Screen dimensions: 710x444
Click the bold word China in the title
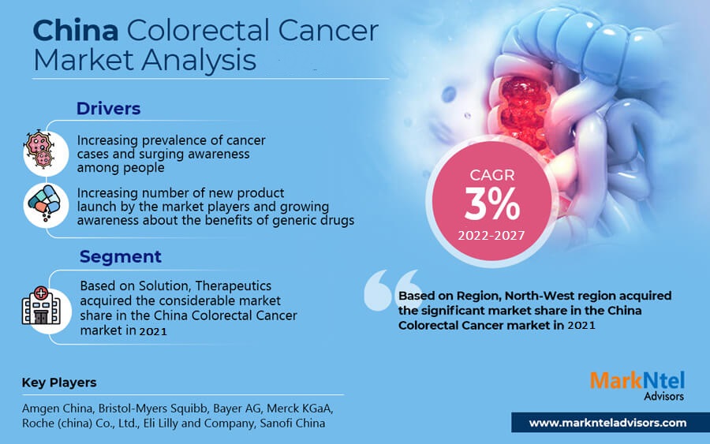pos(76,31)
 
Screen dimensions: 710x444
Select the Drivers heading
pos(108,109)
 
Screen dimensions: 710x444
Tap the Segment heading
pos(121,256)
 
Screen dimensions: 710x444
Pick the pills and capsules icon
pos(44,203)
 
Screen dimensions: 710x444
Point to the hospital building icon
pos(41,306)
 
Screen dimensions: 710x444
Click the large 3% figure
pos(491,203)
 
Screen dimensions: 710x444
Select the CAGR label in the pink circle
pos(492,175)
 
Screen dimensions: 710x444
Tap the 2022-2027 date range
pos(491,235)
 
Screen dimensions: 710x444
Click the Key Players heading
pos(59,382)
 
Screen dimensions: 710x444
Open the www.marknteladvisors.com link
pos(607,423)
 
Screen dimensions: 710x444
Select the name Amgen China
pos(57,409)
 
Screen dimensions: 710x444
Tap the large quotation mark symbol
pos(392,289)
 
